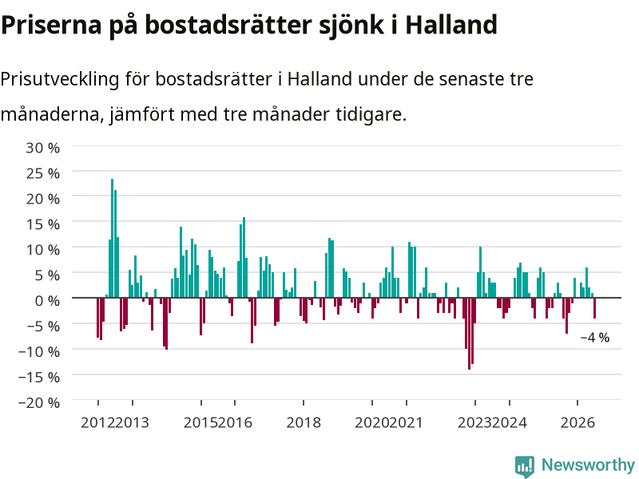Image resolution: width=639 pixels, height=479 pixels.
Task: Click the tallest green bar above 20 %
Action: [112, 238]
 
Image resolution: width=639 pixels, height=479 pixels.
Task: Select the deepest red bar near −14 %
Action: [470, 334]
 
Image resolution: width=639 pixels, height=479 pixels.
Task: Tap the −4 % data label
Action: [595, 338]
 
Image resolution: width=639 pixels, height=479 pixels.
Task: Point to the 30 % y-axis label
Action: [43, 148]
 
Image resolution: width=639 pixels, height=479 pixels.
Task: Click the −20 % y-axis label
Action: [39, 403]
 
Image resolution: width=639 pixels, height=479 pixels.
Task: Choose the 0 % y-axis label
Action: [47, 301]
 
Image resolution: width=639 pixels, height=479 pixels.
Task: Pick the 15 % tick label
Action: [43, 224]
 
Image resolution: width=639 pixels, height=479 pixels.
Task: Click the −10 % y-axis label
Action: [39, 351]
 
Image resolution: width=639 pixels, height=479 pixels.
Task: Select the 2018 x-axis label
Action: [304, 423]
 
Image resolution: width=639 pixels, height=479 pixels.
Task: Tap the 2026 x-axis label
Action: [577, 423]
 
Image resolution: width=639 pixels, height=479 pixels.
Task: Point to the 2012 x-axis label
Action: [97, 423]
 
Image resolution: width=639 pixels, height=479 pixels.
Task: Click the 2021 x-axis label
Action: [406, 423]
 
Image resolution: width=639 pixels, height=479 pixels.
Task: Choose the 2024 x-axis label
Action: [510, 423]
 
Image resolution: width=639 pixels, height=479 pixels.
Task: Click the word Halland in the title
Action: [451, 25]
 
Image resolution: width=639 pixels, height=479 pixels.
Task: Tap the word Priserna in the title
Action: [51, 25]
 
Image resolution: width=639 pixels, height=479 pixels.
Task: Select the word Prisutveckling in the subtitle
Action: [59, 79]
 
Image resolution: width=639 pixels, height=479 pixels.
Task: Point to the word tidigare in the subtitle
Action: [371, 114]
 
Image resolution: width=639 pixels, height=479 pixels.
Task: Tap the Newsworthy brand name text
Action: [588, 465]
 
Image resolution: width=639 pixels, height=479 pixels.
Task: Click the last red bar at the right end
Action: [594, 308]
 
